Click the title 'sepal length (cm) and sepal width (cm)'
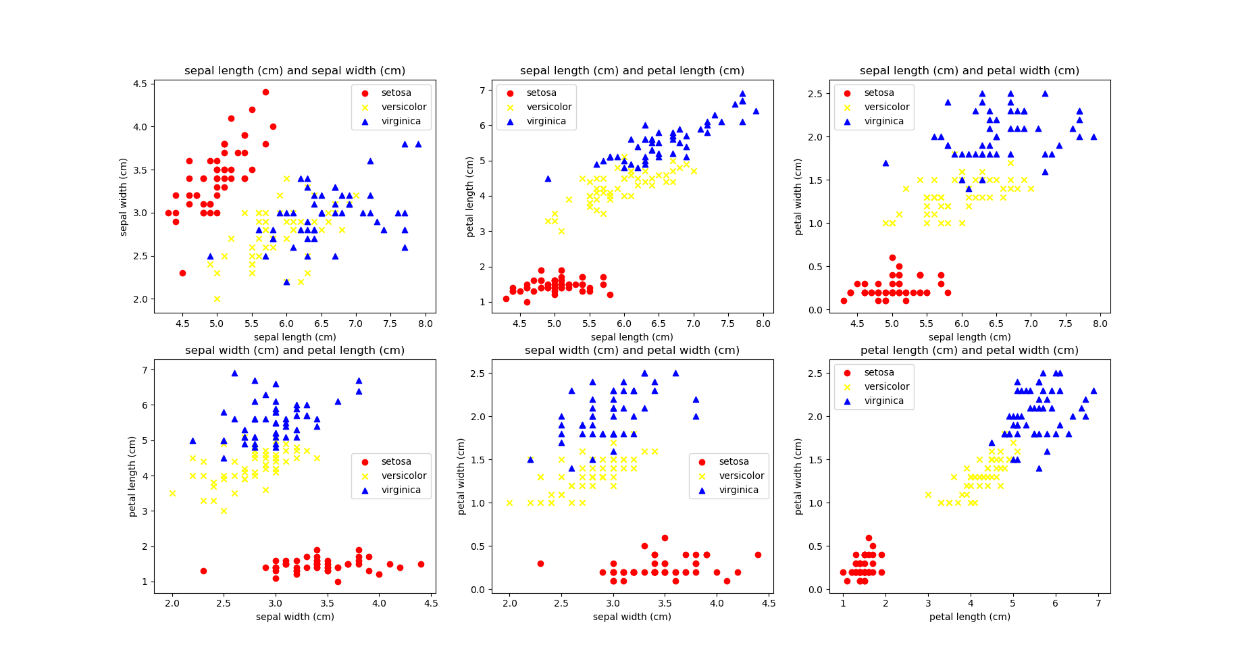click(x=294, y=71)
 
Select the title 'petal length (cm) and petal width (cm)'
click(x=969, y=351)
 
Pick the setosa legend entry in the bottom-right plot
click(x=879, y=373)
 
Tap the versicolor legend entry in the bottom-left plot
click(x=404, y=476)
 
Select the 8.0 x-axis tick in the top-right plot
click(x=1100, y=324)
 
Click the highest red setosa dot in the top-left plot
click(x=265, y=93)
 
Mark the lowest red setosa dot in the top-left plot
click(x=182, y=273)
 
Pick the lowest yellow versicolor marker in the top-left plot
click(x=217, y=299)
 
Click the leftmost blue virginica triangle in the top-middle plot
click(x=548, y=178)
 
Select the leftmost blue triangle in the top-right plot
click(x=885, y=163)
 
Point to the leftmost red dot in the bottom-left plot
click(x=203, y=571)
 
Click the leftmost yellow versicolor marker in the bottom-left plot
click(x=172, y=493)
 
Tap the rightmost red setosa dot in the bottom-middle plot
click(x=758, y=555)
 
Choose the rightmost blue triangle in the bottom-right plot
click(x=1094, y=390)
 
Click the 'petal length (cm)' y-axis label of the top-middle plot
click(x=470, y=197)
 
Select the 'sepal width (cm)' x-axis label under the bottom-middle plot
click(x=632, y=617)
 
